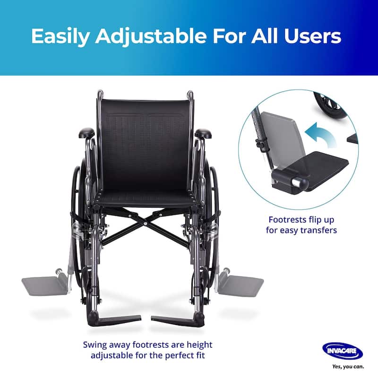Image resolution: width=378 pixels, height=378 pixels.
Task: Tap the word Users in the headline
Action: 315,37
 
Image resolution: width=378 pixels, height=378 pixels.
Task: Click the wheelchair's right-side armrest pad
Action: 203,134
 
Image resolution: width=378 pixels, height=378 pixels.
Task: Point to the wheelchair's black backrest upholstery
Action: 144,142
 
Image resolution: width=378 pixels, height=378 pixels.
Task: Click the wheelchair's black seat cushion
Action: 144,197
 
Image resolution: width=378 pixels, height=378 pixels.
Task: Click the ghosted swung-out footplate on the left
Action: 45,285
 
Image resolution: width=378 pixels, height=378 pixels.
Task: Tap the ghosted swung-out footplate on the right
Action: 241,285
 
